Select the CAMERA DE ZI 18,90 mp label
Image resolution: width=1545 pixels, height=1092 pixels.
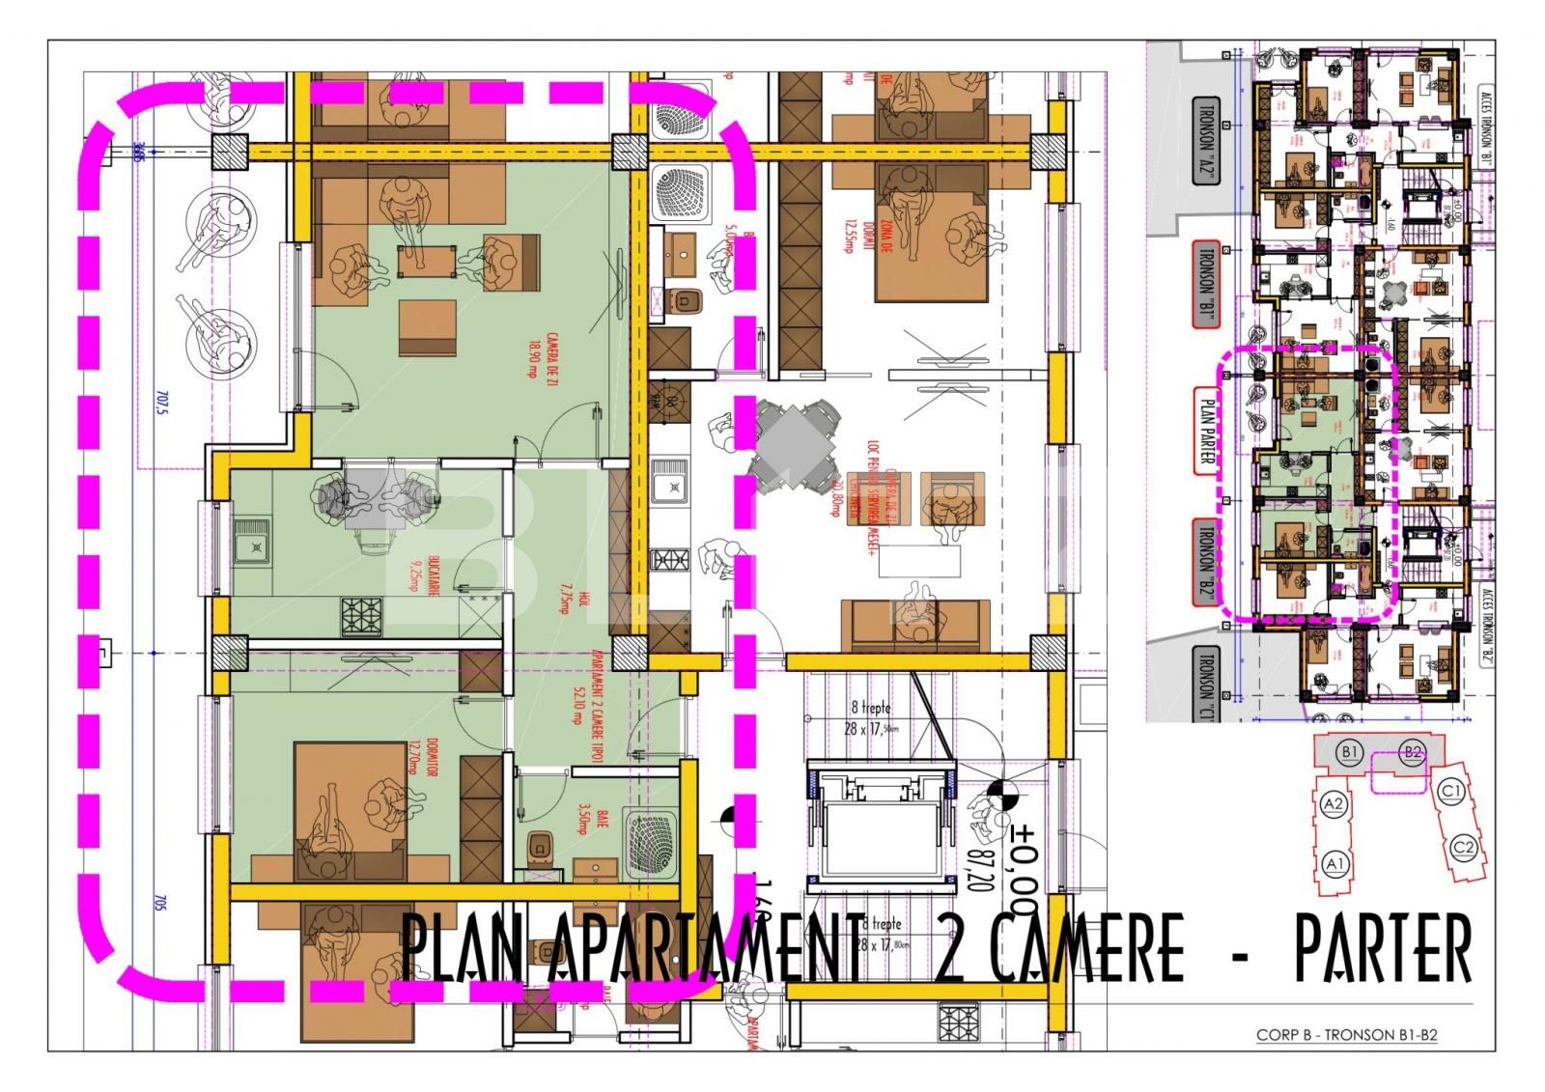531,359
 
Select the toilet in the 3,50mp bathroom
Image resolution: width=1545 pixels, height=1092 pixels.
539,849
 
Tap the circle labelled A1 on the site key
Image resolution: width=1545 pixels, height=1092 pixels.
1336,861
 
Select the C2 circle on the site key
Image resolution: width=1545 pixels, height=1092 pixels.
1464,848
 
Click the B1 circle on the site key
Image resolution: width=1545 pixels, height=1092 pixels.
1349,751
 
